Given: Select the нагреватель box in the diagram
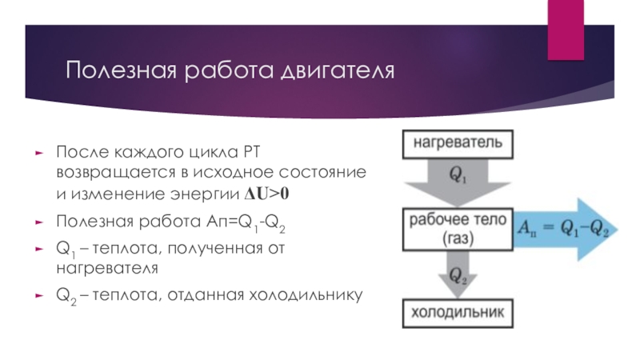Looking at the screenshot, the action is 458,143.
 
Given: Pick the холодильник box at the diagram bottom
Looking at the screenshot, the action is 458,313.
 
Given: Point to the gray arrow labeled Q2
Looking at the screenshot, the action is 458,276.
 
